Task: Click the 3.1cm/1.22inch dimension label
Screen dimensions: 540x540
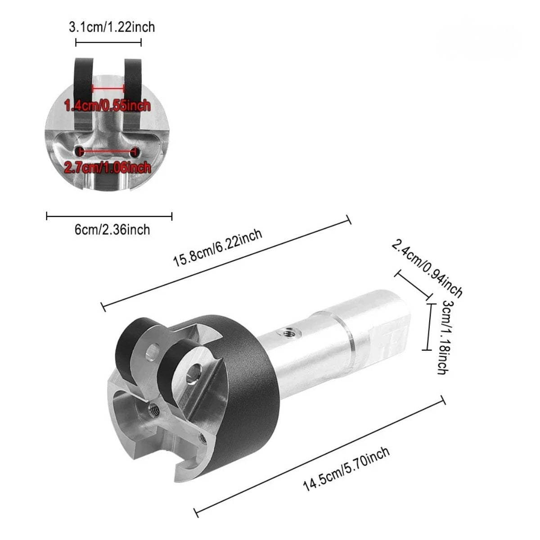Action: pos(112,27)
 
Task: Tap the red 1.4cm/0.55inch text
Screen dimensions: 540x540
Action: pos(108,106)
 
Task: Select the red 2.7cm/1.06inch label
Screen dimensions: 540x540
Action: pos(108,168)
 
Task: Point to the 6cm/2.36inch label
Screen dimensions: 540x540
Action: pos(112,230)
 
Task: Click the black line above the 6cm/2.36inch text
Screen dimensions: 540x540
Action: pos(109,216)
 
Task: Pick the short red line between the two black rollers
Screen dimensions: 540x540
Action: pos(108,88)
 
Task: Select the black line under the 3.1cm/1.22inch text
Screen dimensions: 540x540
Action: pos(108,42)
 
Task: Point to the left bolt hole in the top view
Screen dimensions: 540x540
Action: pos(80,151)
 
